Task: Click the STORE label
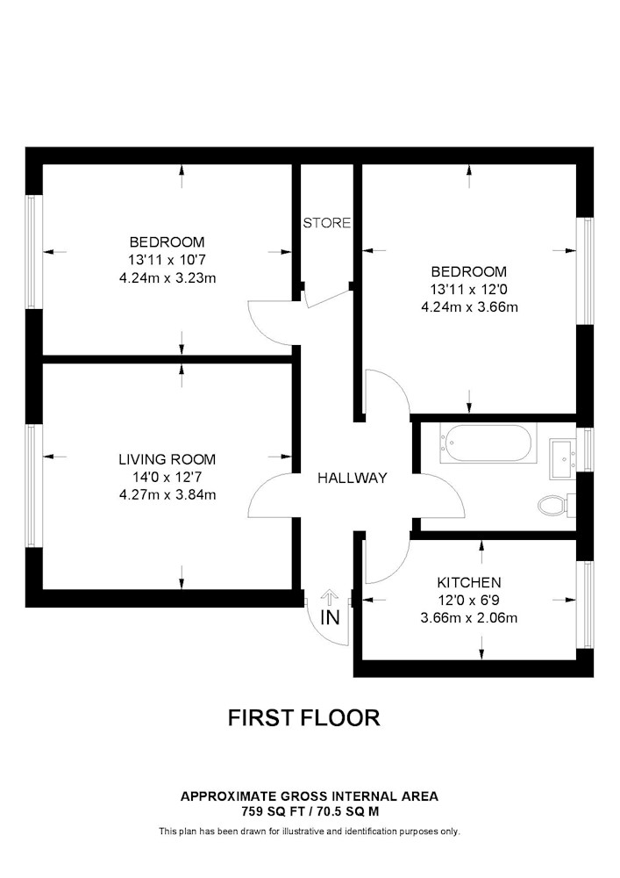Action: click(x=327, y=223)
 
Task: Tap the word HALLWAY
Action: click(x=353, y=478)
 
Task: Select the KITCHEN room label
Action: click(x=469, y=582)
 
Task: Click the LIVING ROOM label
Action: click(x=167, y=460)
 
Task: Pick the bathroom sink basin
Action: click(x=563, y=458)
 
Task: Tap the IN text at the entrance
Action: click(x=330, y=617)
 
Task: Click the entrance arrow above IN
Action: click(x=330, y=598)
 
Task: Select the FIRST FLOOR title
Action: click(x=304, y=717)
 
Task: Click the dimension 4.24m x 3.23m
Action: click(x=167, y=277)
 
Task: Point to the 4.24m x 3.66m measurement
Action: click(x=470, y=307)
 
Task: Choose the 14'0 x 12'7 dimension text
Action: click(x=167, y=477)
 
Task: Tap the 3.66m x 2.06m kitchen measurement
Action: click(x=469, y=618)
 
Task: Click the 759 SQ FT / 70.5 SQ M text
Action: click(x=310, y=811)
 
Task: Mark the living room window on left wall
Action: click(x=32, y=486)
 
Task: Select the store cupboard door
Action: click(x=328, y=298)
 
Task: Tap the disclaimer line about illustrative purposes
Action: click(x=310, y=831)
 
